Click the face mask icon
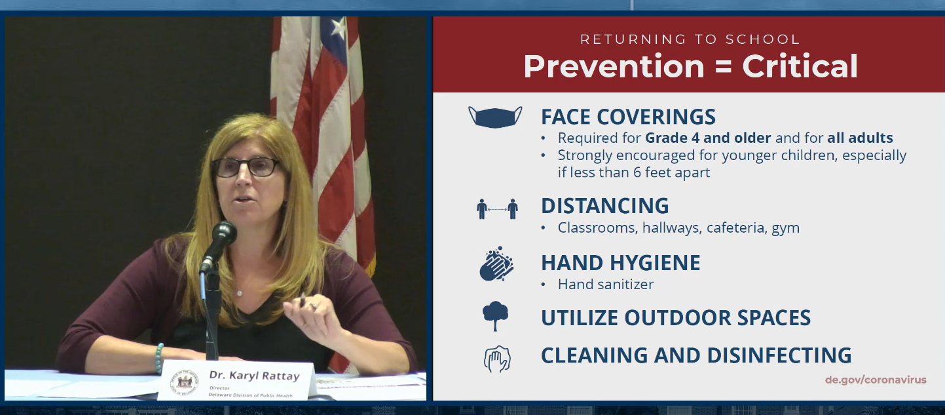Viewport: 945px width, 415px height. [x=495, y=117]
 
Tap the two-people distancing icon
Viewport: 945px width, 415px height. [x=497, y=208]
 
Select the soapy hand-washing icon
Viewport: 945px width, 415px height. [x=496, y=264]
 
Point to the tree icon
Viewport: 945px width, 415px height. [x=495, y=316]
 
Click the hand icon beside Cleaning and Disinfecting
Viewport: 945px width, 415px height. [x=497, y=359]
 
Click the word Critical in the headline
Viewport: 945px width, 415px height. [x=800, y=66]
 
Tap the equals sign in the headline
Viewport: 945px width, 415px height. [x=723, y=67]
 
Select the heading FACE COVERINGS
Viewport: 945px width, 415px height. [x=628, y=117]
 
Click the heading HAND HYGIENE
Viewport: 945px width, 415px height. [x=621, y=263]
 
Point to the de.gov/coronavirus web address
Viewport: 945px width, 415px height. [x=876, y=380]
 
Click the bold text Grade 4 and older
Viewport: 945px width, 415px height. [x=708, y=138]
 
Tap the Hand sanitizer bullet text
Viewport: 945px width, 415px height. [x=605, y=284]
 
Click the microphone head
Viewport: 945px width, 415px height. [x=223, y=233]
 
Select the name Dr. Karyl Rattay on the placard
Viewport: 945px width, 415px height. [x=254, y=375]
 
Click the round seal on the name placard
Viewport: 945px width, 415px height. [x=184, y=383]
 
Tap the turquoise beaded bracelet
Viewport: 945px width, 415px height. [x=159, y=358]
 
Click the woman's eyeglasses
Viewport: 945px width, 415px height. [x=246, y=167]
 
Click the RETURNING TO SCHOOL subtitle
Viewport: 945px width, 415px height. [x=690, y=39]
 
